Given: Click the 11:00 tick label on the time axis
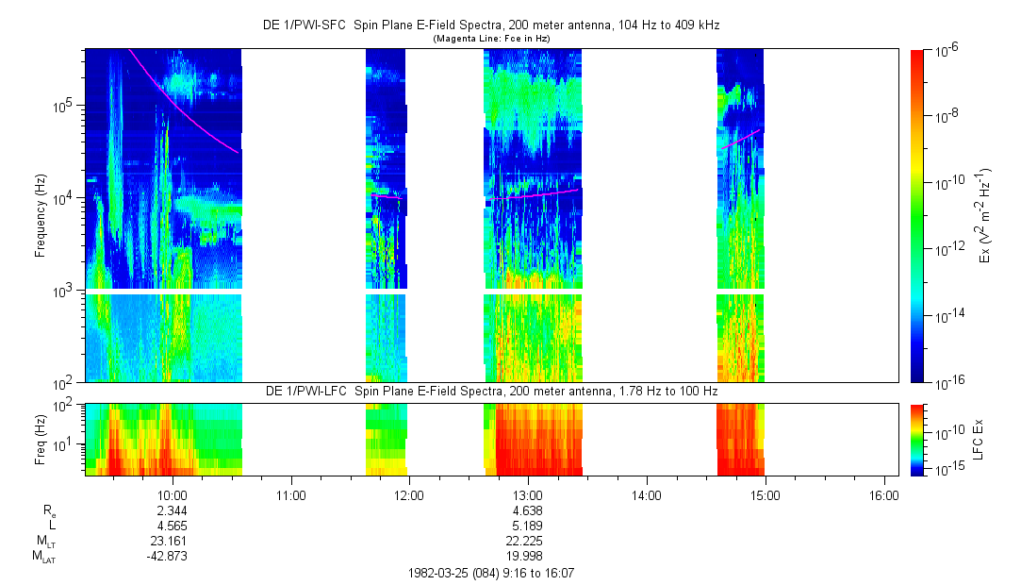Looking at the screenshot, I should [290, 493].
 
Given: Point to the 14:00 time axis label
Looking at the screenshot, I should [646, 493].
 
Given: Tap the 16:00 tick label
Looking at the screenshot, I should [883, 493].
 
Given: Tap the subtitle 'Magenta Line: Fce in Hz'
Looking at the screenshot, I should [491, 38].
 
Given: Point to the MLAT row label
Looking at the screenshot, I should [43, 557].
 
